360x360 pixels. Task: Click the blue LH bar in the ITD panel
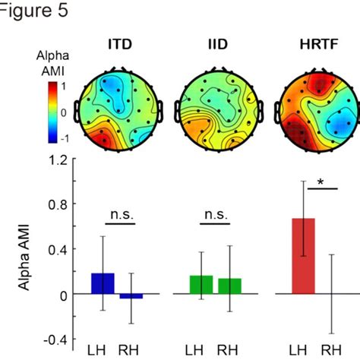click(103, 283)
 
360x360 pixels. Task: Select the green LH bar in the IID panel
click(202, 284)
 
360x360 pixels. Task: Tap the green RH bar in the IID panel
click(229, 286)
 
